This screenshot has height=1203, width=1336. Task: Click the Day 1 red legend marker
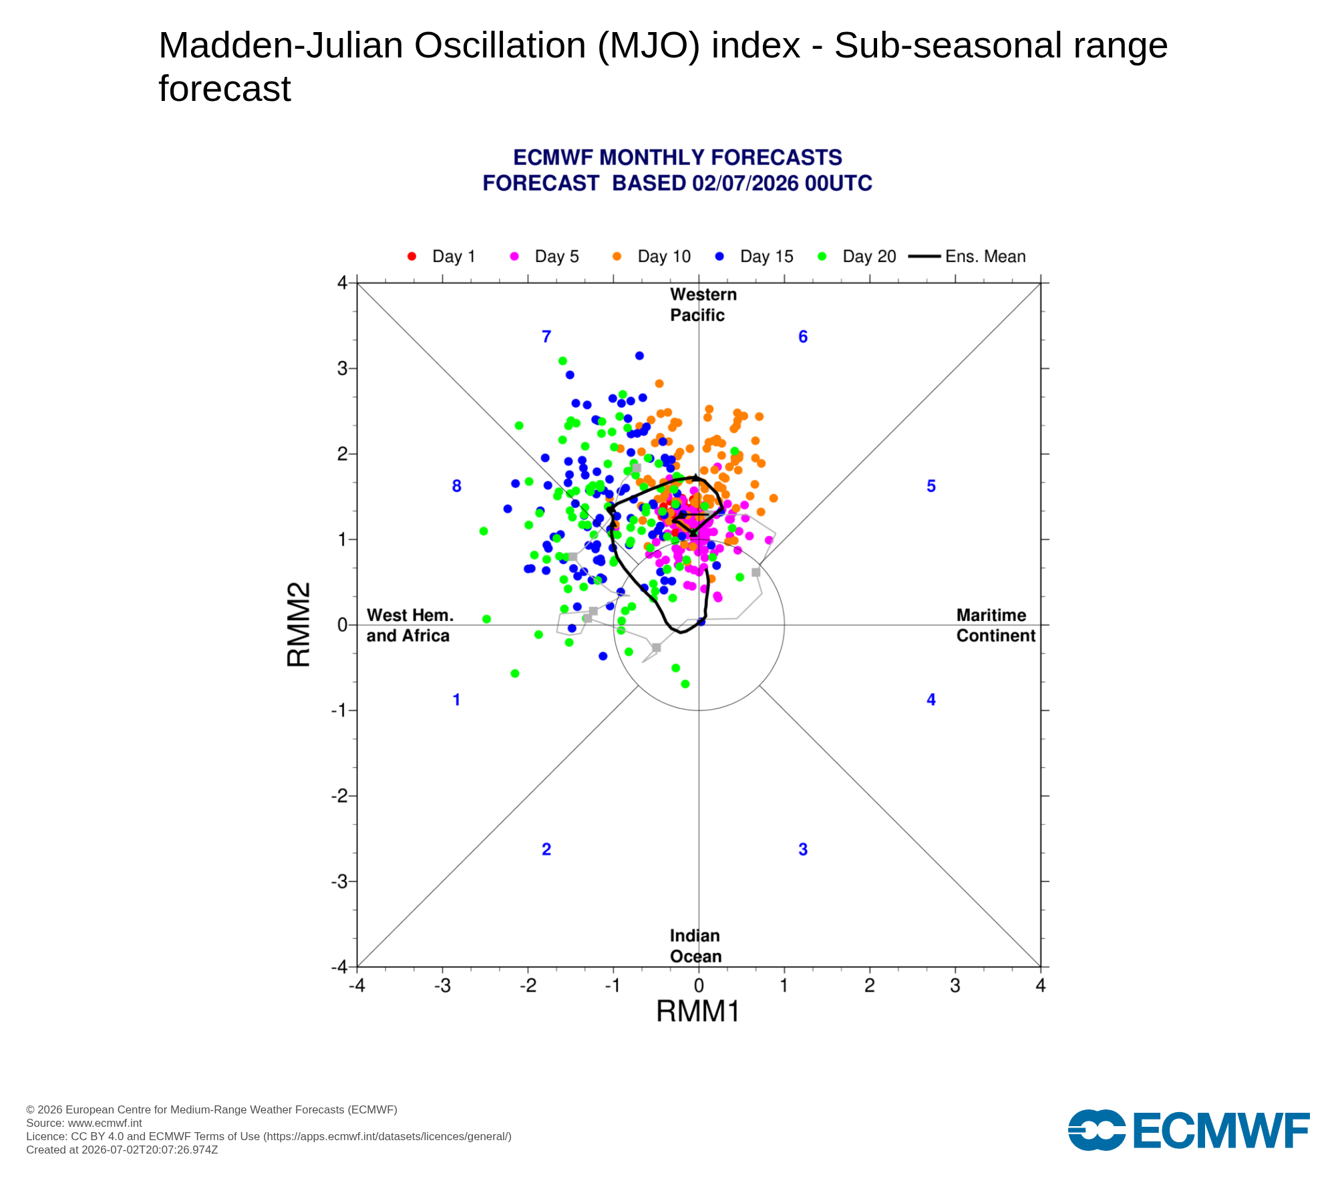(x=411, y=257)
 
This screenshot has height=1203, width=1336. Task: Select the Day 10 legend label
(x=664, y=257)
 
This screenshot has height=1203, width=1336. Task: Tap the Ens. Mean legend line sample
(x=925, y=257)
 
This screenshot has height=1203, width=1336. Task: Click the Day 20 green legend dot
(x=822, y=257)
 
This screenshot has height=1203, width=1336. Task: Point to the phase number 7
(x=546, y=337)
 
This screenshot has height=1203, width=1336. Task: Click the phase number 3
(x=803, y=849)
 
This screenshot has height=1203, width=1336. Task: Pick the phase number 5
(x=931, y=487)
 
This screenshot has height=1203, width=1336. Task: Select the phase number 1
(x=456, y=700)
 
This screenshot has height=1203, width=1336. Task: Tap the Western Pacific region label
(x=703, y=305)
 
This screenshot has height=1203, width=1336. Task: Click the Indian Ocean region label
(x=696, y=946)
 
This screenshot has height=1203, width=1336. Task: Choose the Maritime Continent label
(x=996, y=626)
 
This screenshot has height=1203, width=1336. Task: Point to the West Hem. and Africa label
(x=409, y=626)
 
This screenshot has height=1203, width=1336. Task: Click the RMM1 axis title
(x=698, y=1011)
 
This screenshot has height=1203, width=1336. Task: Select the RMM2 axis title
(x=299, y=625)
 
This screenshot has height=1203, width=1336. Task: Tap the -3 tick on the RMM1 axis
(x=442, y=986)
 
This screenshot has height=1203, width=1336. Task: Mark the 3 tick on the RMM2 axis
(x=343, y=368)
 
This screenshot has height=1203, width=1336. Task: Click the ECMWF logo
(x=1189, y=1130)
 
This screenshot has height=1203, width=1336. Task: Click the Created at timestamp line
(x=122, y=1150)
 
